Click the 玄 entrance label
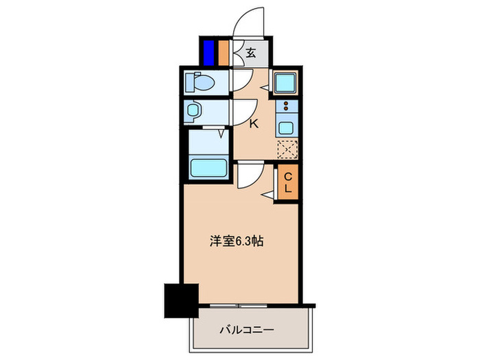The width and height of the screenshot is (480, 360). coord(251,53)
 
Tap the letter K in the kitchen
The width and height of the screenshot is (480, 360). coord(253,124)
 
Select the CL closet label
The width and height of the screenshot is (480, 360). coord(288,182)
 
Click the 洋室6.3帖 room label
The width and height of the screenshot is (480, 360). coord(235,241)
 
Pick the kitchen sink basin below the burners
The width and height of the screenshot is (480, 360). coord(286,126)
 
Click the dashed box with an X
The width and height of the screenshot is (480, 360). coord(286,149)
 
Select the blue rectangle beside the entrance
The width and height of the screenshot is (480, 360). coord(208,52)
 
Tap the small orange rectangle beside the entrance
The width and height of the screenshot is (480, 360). coord(224,52)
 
